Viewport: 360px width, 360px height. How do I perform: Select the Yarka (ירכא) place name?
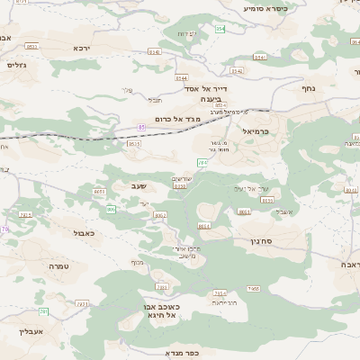(82, 48)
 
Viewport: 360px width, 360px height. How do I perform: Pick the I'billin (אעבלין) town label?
(31, 331)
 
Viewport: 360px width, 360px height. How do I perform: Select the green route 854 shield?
(220, 30)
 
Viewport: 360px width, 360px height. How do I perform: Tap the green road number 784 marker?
(202, 162)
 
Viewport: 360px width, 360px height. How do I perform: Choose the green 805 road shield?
(111, 209)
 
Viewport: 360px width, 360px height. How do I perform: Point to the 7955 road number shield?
(254, 289)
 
